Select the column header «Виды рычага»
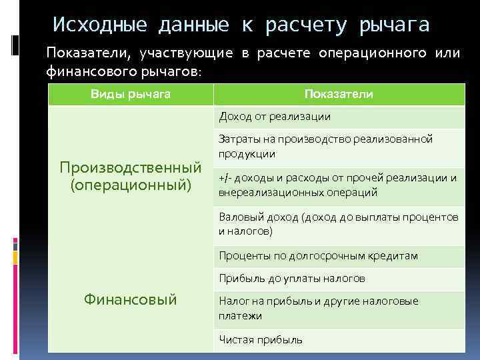pyautogui.click(x=131, y=94)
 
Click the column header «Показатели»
pyautogui.click(x=339, y=94)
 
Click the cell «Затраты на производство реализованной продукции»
pyautogui.click(x=325, y=146)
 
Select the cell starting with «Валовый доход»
pyautogui.click(x=338, y=224)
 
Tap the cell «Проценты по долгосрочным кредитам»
pyautogui.click(x=318, y=255)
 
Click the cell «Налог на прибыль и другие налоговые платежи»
pyautogui.click(x=319, y=308)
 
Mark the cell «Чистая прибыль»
pyautogui.click(x=261, y=339)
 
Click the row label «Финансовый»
pyautogui.click(x=131, y=300)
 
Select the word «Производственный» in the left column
pyautogui.click(x=131, y=166)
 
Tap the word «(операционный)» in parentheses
pyautogui.click(x=131, y=183)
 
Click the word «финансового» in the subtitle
pyautogui.click(x=87, y=71)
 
